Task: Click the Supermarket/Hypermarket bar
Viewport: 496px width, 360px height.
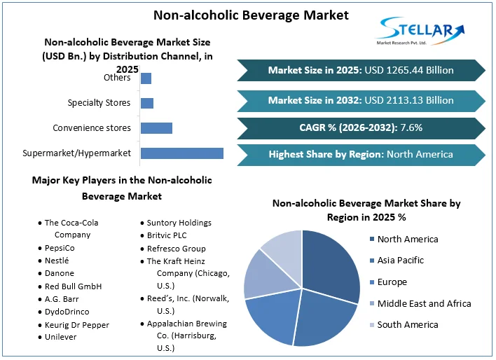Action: click(182, 153)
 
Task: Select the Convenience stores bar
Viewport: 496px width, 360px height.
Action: click(156, 127)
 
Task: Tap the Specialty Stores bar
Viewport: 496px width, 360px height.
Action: click(147, 103)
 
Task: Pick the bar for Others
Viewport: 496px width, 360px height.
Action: click(146, 78)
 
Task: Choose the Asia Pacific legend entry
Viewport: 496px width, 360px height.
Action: click(400, 261)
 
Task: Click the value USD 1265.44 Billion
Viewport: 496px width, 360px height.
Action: click(409, 70)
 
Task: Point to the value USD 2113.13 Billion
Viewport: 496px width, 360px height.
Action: click(409, 100)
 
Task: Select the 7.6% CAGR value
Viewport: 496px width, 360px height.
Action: click(411, 127)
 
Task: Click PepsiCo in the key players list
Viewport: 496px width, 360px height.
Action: click(60, 248)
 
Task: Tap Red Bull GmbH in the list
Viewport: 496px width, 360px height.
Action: click(73, 286)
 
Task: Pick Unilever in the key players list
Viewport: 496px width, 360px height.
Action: click(62, 337)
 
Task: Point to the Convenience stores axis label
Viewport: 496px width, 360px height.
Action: click(92, 127)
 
